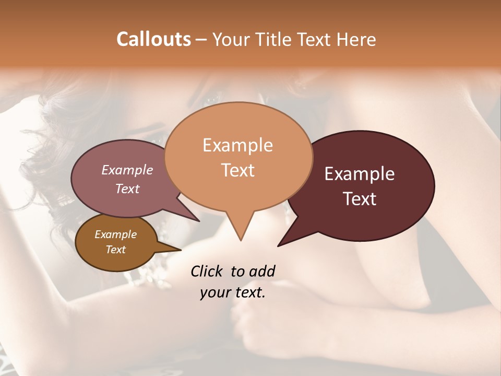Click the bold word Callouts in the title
(x=153, y=39)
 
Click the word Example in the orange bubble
(x=237, y=145)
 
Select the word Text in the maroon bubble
(x=360, y=199)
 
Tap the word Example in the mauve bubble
(x=127, y=170)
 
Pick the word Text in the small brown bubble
(x=115, y=250)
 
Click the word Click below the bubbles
(x=207, y=271)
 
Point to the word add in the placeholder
(x=262, y=271)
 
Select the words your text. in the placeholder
(x=233, y=293)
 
